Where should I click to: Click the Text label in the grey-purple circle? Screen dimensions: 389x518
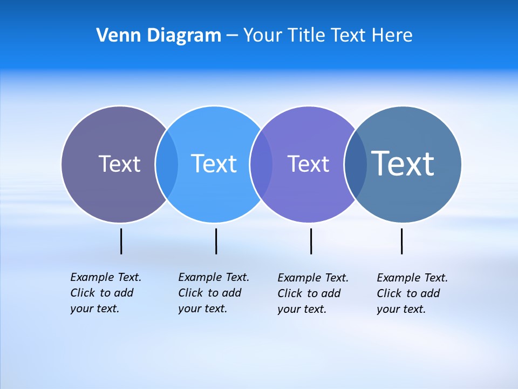(x=119, y=164)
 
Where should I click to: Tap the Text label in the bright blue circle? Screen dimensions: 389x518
(x=214, y=164)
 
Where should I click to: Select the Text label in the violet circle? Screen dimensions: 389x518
(x=308, y=164)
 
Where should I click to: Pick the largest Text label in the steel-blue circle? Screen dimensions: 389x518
(x=403, y=164)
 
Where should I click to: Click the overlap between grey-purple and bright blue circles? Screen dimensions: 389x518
(x=167, y=164)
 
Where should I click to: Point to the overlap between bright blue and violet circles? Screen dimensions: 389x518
(x=261, y=164)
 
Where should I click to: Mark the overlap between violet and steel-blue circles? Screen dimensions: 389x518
(x=356, y=164)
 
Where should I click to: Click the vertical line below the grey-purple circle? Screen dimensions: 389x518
(x=121, y=241)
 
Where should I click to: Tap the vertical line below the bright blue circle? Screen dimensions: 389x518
(x=216, y=241)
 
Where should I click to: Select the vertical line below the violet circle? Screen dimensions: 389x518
(x=311, y=241)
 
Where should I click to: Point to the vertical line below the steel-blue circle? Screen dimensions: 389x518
(x=401, y=241)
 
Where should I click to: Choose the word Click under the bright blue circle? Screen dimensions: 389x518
(x=190, y=293)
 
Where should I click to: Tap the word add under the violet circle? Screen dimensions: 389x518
(x=331, y=293)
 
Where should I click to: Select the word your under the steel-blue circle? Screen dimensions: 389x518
(x=388, y=309)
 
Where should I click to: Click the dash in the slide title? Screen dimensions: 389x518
(x=232, y=36)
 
